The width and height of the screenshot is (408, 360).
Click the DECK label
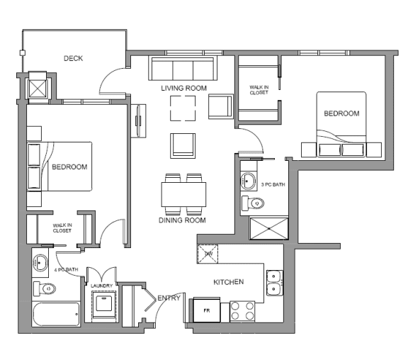74,58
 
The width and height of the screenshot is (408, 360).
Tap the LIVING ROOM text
183,88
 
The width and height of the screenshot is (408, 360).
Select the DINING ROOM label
182,220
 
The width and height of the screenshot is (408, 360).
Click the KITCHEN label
229,281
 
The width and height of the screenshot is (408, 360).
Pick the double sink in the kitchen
275,283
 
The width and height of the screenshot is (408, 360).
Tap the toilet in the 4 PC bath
45,288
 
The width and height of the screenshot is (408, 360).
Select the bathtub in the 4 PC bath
56,314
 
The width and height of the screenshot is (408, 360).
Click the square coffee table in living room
183,108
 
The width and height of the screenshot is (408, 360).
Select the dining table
183,193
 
